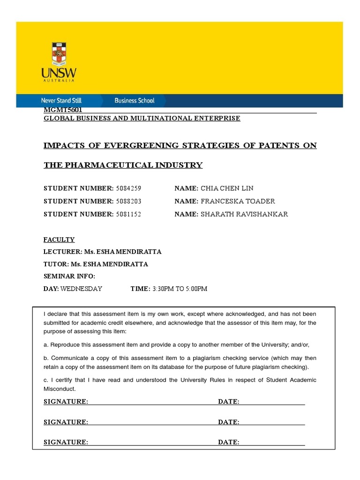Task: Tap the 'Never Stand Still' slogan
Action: (61, 100)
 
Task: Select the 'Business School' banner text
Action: (134, 100)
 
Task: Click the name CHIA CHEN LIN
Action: (227, 188)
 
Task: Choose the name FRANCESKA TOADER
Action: (238, 201)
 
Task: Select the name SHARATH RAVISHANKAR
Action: (244, 214)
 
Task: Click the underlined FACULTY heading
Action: (59, 240)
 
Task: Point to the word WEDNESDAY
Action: (81, 289)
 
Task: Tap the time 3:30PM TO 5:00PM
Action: (179, 289)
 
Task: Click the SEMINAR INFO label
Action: (69, 276)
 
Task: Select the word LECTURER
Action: (62, 252)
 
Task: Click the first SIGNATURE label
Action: (66, 402)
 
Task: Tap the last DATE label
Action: (229, 442)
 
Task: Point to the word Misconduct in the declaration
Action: (60, 389)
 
